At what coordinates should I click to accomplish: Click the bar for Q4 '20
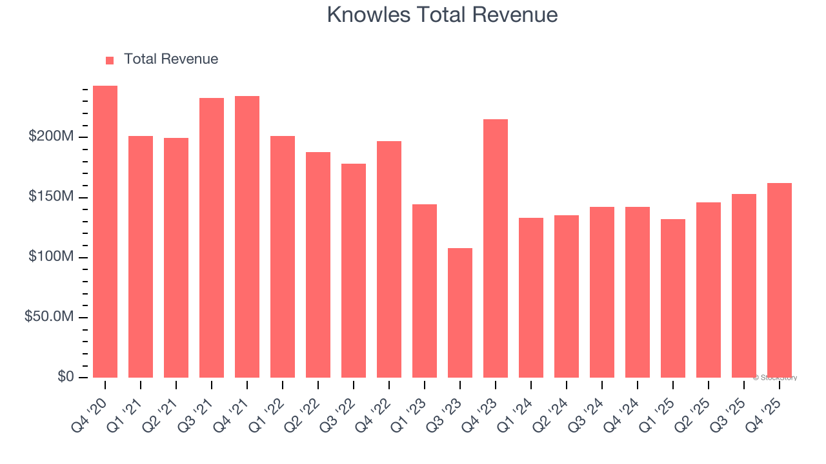(105, 232)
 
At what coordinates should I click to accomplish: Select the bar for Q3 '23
(460, 313)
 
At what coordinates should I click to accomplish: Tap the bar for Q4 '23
(496, 249)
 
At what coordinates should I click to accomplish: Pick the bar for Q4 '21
(247, 237)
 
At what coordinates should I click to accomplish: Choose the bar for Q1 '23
(425, 291)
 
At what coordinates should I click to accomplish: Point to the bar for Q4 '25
(780, 280)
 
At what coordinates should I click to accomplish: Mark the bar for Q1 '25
(673, 298)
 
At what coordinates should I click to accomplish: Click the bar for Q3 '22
(354, 271)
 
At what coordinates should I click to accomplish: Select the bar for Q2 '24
(567, 296)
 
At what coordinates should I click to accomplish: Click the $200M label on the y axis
(51, 137)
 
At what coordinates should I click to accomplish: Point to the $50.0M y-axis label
(49, 317)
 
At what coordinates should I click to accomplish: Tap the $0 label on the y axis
(65, 377)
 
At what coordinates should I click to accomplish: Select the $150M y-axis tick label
(51, 197)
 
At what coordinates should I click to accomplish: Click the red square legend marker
(110, 60)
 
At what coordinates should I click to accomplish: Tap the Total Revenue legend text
(171, 59)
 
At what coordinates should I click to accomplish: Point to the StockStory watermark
(775, 378)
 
